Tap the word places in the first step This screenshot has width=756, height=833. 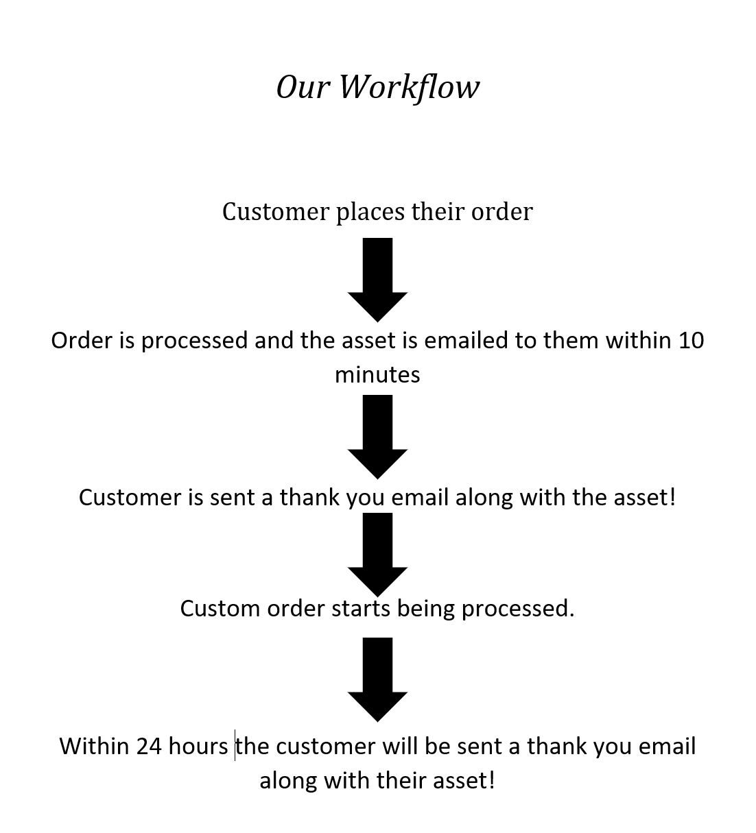point(370,212)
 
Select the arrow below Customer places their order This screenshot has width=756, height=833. point(377,279)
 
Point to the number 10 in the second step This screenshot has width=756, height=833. point(691,340)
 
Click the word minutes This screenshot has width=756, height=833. point(377,374)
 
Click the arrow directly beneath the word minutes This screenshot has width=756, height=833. point(377,437)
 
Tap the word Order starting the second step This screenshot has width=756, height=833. point(81,340)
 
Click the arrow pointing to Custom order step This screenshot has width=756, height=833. point(377,554)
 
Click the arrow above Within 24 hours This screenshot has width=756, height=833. point(377,679)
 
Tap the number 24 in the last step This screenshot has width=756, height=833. point(149,746)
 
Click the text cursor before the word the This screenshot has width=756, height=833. point(235,746)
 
